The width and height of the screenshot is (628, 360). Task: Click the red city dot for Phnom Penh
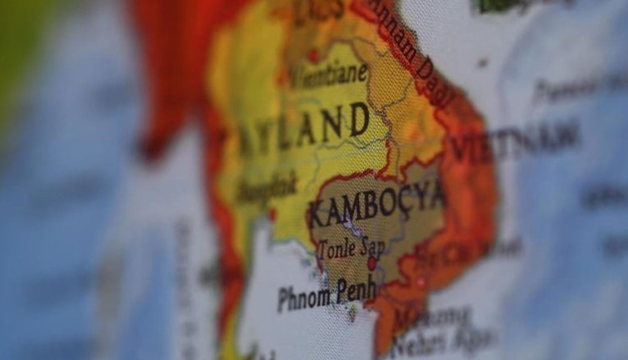coord(371,263)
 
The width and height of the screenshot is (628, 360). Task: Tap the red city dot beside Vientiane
coord(314,56)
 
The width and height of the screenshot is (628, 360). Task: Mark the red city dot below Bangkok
coord(272,214)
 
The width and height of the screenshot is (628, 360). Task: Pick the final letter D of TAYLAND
coord(359,119)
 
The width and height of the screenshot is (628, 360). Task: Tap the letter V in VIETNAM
coord(461,150)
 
